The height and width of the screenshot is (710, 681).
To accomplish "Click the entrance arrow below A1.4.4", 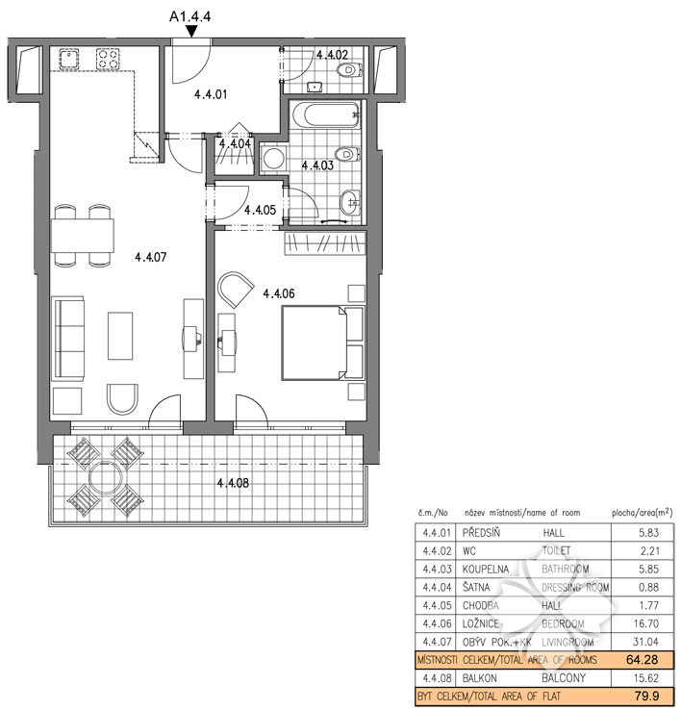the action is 192,31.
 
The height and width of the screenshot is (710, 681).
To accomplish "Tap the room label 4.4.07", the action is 151,257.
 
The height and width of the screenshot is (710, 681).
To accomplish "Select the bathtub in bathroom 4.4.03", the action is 325,114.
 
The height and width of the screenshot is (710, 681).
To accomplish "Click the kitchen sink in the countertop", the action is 69,59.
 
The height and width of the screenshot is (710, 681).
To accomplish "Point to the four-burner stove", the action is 109,59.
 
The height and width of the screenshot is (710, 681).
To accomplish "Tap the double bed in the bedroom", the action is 323,342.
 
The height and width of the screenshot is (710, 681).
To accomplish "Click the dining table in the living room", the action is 83,235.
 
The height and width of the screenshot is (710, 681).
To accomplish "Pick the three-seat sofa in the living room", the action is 68,339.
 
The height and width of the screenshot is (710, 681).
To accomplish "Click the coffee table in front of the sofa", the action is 120,336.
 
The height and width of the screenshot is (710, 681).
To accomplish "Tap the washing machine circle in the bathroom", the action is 273,159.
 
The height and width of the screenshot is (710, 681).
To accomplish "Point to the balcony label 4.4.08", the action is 233,483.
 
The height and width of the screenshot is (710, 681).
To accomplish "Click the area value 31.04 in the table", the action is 645,642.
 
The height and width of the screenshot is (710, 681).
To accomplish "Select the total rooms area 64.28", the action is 643,660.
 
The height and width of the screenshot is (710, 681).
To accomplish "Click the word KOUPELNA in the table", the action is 486,570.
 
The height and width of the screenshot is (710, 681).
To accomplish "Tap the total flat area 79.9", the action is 647,696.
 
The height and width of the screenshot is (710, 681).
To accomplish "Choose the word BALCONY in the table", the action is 564,678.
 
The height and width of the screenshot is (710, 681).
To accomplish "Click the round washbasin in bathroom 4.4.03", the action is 350,202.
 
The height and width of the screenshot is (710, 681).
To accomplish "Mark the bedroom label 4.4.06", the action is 279,293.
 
